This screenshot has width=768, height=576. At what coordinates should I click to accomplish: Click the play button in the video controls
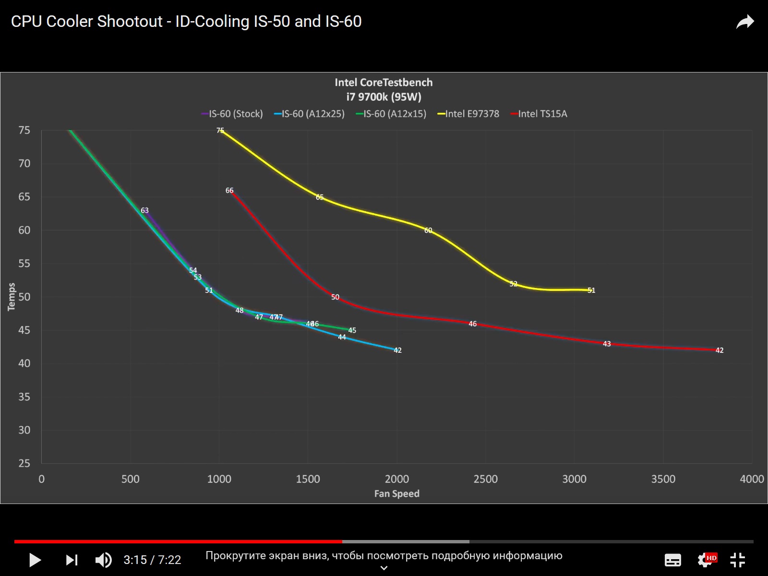click(x=35, y=560)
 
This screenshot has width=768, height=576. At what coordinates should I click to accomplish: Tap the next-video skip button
click(x=72, y=560)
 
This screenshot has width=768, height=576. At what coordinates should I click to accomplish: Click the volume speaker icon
click(x=103, y=560)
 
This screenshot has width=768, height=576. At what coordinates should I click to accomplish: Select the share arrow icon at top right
click(x=745, y=22)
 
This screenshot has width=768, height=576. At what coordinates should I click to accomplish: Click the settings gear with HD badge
click(x=707, y=559)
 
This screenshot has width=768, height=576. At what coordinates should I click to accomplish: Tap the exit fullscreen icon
click(x=737, y=560)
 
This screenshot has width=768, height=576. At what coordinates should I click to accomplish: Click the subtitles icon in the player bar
click(x=672, y=560)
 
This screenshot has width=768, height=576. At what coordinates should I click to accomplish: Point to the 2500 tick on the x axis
click(x=485, y=479)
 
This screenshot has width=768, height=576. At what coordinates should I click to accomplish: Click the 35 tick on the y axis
click(x=24, y=396)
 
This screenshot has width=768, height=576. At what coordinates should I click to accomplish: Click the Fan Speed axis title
click(x=396, y=493)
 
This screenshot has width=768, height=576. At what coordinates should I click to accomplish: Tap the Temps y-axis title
click(x=12, y=297)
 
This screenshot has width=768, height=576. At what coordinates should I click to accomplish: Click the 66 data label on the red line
click(x=229, y=191)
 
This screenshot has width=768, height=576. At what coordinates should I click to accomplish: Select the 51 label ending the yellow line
click(x=591, y=290)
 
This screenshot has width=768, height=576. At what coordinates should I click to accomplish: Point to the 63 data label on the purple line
click(x=144, y=210)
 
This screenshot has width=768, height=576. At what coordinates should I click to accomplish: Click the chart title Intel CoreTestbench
click(x=384, y=83)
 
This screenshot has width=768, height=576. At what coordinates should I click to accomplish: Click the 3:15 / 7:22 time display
click(x=152, y=560)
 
